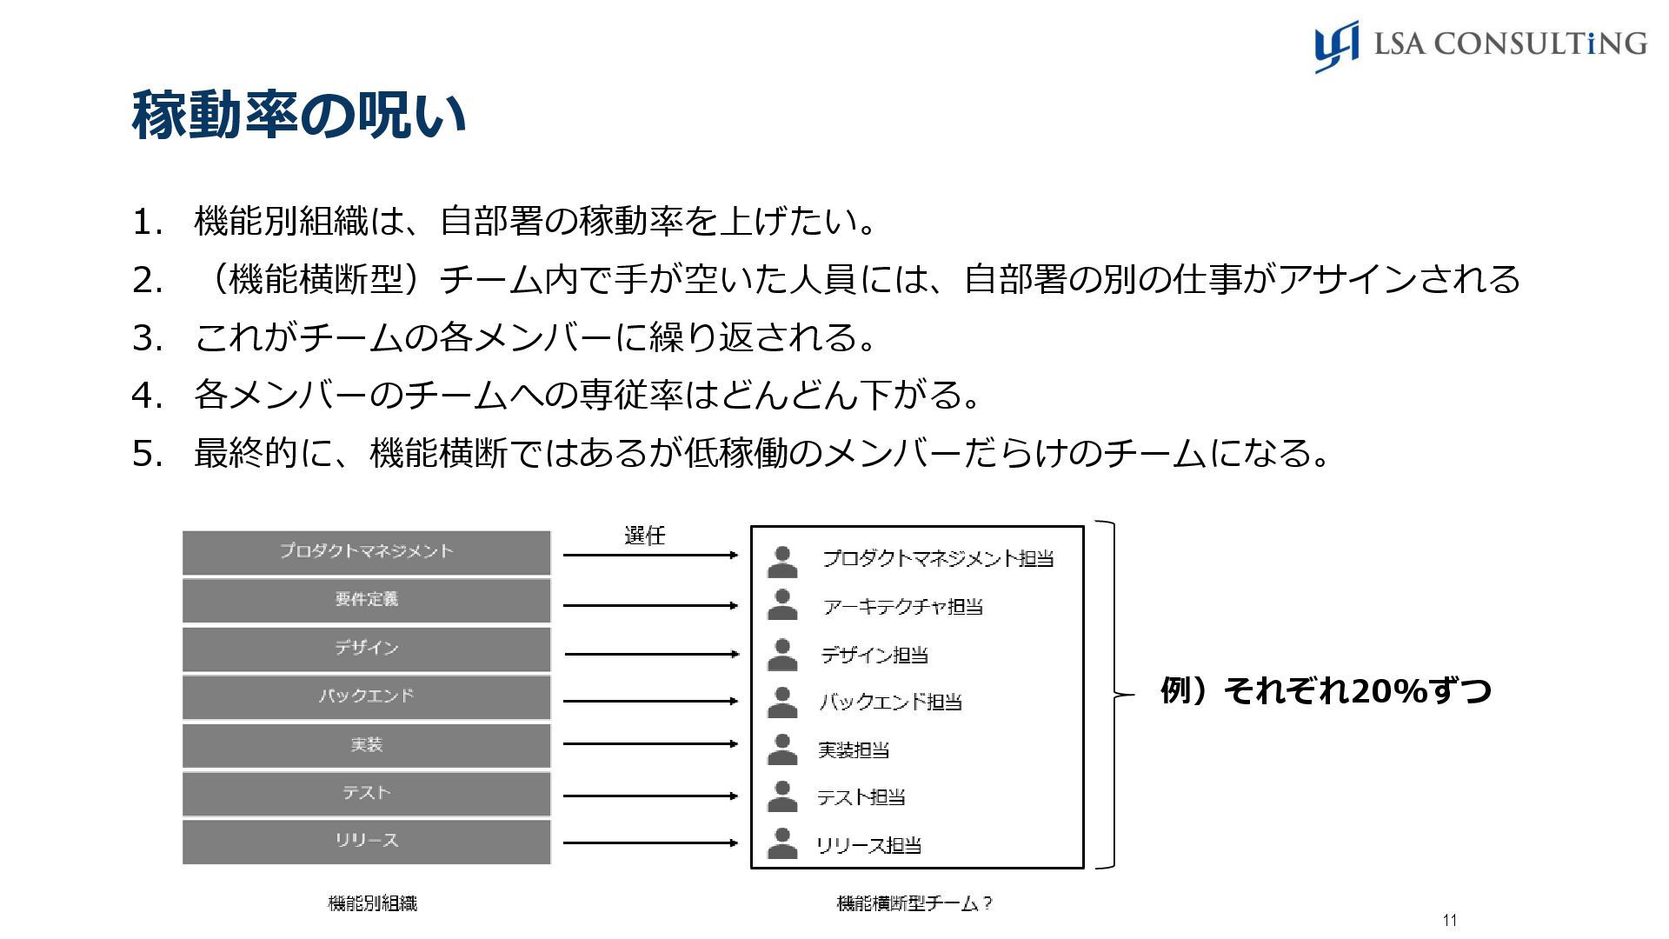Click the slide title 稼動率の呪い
(298, 115)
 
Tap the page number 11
(1449, 921)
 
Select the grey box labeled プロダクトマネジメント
(366, 552)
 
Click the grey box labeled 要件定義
(366, 600)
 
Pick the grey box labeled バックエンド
(366, 696)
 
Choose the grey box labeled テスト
(366, 793)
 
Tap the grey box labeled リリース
(366, 841)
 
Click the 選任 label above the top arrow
(644, 536)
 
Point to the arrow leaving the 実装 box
(649, 744)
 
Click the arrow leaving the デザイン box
(651, 654)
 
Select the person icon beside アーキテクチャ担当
(782, 605)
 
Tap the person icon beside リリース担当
(782, 843)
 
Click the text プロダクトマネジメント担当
(938, 558)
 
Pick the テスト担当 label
(861, 796)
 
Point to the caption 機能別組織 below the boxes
(372, 903)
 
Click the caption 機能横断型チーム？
(914, 903)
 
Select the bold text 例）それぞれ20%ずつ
(1326, 691)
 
